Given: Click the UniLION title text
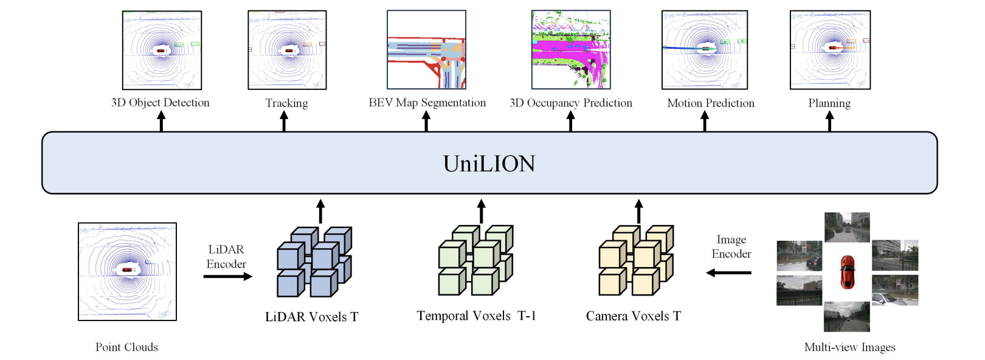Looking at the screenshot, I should pyautogui.click(x=489, y=164).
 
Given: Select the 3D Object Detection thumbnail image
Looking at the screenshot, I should pyautogui.click(x=162, y=50).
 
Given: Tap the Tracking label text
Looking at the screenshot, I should pyautogui.click(x=286, y=103).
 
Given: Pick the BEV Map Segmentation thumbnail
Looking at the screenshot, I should pyautogui.click(x=426, y=49).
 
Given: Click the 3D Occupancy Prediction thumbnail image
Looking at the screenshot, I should pyautogui.click(x=570, y=49).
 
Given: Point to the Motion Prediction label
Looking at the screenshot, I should pyautogui.click(x=710, y=103).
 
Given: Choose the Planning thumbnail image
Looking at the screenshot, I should pyautogui.click(x=829, y=50).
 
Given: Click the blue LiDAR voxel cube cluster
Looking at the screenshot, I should pyautogui.click(x=314, y=262).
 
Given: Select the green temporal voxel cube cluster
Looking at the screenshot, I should pyautogui.click(x=475, y=260).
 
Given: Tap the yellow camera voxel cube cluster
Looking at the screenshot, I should pyautogui.click(x=636, y=260).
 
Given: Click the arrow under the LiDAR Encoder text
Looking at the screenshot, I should pyautogui.click(x=227, y=277).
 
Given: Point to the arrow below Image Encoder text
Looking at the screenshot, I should pyautogui.click(x=728, y=272).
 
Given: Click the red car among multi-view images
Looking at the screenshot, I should pyautogui.click(x=847, y=272).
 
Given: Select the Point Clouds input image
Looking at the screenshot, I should pyautogui.click(x=127, y=271).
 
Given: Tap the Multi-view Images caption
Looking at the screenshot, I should pyautogui.click(x=849, y=347).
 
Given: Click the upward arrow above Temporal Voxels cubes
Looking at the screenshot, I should pyautogui.click(x=481, y=211).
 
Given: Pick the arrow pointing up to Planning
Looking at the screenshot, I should pyautogui.click(x=829, y=121).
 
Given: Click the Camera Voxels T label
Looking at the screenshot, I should pyautogui.click(x=633, y=316).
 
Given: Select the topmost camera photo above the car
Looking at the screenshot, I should pyautogui.click(x=847, y=227).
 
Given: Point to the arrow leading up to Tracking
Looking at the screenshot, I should pyautogui.click(x=283, y=121).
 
